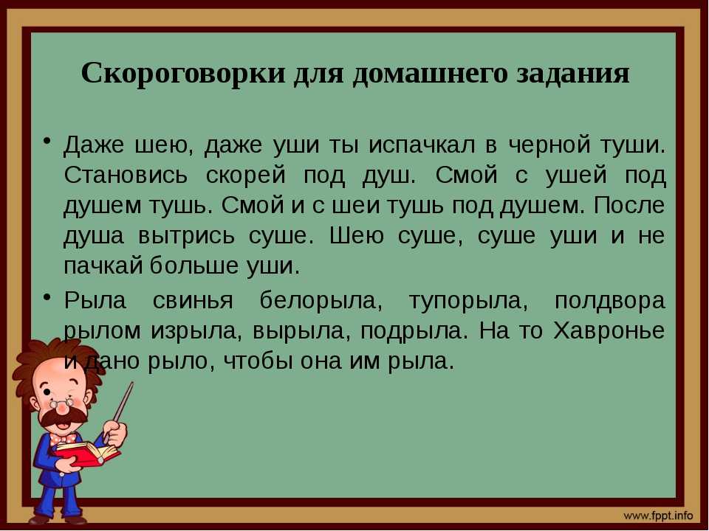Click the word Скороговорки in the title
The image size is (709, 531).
tap(184, 73)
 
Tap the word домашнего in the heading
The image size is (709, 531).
tap(430, 73)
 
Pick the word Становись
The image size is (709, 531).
tap(126, 176)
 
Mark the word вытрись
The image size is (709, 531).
tap(186, 237)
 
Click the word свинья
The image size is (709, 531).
tap(193, 301)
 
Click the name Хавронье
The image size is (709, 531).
tap(609, 331)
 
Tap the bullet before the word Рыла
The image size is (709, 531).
tap(47, 297)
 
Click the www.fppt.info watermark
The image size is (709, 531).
tap(658, 516)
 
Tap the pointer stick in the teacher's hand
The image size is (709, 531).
tap(118, 412)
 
